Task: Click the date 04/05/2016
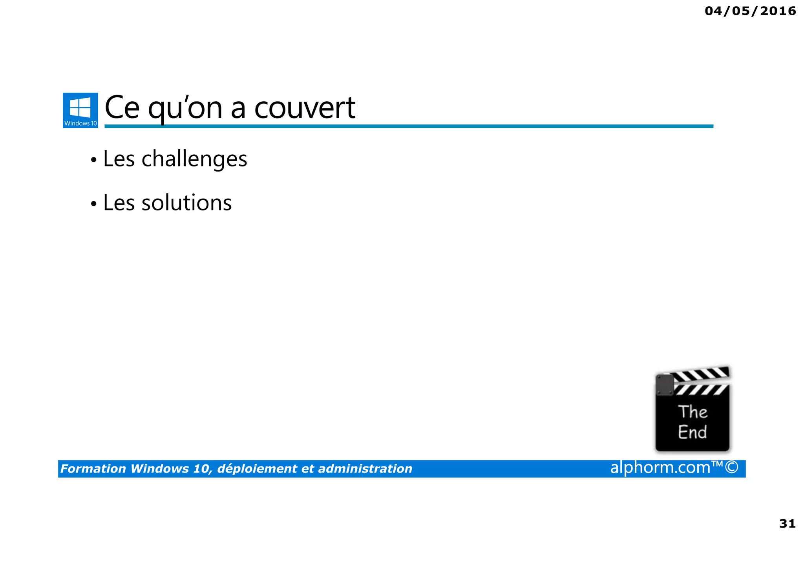pos(750,11)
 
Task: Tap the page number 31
pos(787,524)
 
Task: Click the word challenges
pos(194,159)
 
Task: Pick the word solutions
pos(186,203)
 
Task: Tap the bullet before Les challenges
pos(93,160)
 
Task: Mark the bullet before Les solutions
pos(93,204)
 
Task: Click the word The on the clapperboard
pos(693,412)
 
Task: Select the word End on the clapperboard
pos(693,432)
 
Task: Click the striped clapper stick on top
pos(701,374)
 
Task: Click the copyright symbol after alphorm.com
pos(732,468)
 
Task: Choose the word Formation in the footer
pos(93,469)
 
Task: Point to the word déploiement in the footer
pos(257,469)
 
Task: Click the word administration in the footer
pos(365,469)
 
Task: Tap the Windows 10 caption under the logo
pos(80,123)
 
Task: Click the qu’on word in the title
pos(185,108)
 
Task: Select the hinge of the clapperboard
pos(665,385)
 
